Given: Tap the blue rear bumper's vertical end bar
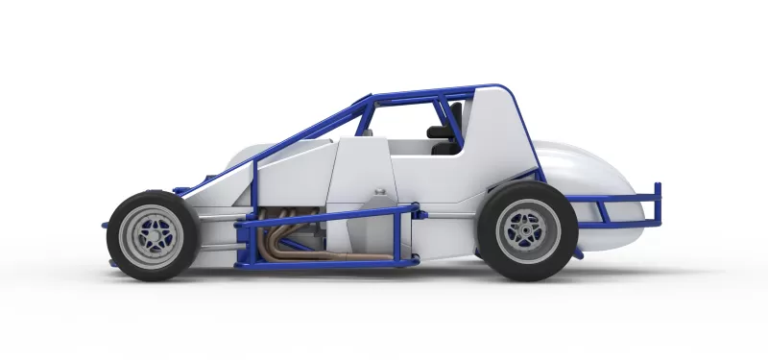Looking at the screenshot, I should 659,204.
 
